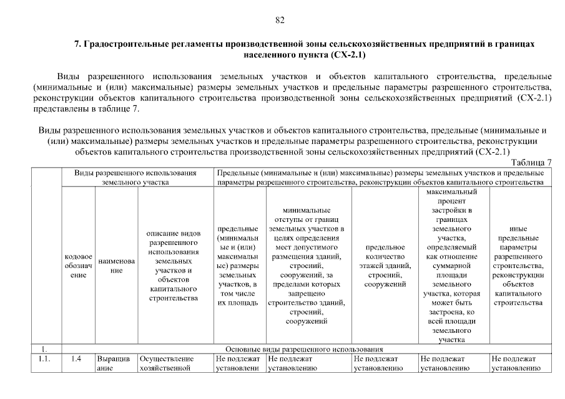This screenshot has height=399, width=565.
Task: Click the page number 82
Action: coord(280,20)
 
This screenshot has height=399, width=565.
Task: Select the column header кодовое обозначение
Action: coord(79,266)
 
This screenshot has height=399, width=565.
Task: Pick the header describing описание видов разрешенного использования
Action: coord(174,266)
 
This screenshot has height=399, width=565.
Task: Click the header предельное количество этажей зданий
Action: coord(385,266)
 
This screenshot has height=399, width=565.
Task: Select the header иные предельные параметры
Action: coord(518,266)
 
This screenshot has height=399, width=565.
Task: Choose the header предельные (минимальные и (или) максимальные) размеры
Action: coord(238,266)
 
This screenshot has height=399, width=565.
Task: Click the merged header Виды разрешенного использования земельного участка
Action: coord(135,177)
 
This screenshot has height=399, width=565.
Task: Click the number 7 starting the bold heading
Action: coord(77,45)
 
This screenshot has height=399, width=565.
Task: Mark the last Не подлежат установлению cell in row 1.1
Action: coord(516,363)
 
